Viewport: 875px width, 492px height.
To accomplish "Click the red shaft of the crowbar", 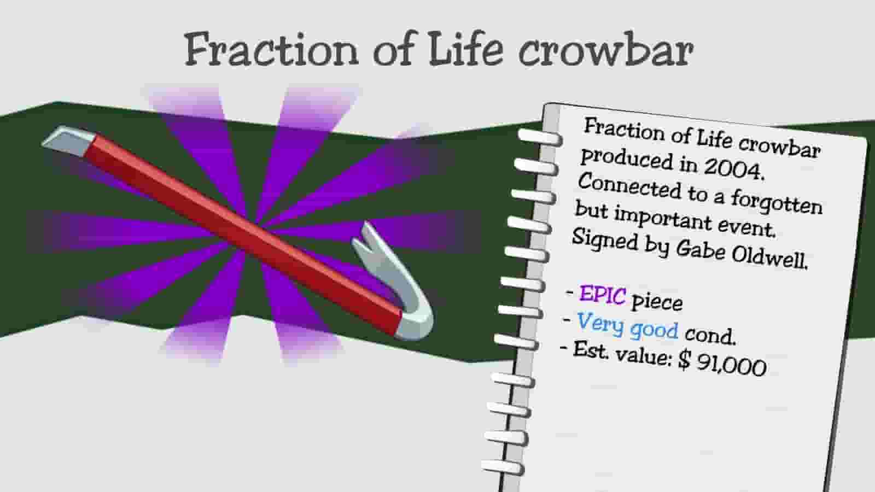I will point(246,230).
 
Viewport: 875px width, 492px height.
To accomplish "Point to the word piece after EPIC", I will point(657,301).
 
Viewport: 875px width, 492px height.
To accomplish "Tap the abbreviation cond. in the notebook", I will point(710,333).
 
